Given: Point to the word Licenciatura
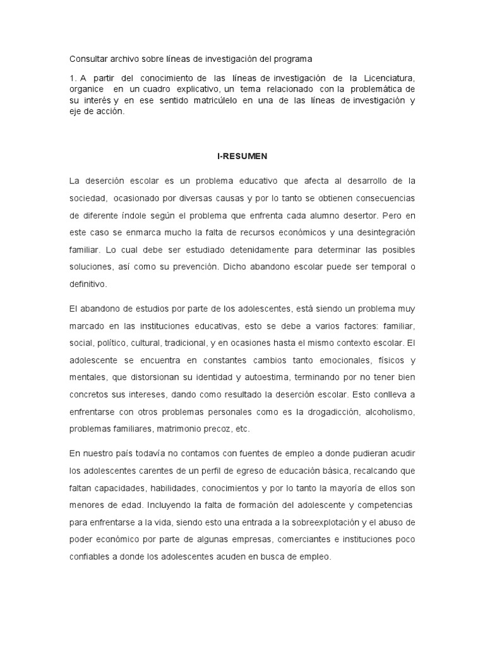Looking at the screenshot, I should point(388,78).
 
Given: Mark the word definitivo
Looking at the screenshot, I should point(88,284).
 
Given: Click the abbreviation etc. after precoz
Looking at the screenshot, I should point(242,429).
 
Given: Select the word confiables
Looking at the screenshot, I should point(90,557).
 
